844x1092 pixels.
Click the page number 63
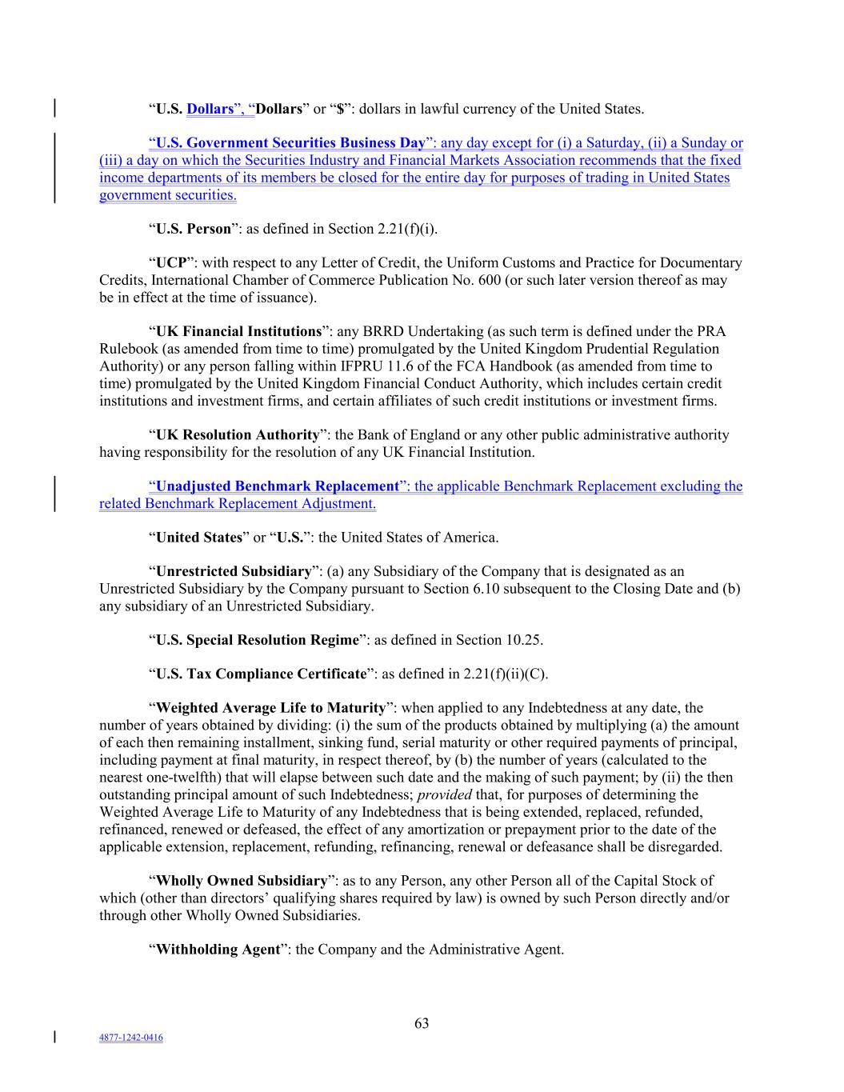(422, 1023)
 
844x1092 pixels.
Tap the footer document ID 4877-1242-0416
(130, 1038)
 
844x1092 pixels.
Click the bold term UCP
(171, 262)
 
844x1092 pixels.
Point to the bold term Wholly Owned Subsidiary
(241, 881)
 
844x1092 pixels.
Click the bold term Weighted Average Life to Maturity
(270, 708)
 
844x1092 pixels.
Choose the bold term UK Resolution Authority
(237, 435)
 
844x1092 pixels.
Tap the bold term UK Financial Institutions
(238, 331)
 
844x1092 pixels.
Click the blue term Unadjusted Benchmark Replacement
(277, 486)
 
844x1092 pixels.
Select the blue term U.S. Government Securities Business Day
(290, 143)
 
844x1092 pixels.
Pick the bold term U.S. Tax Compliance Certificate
(260, 674)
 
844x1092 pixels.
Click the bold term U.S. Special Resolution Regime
(256, 640)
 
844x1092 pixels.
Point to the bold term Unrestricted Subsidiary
(233, 571)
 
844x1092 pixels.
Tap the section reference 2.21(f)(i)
(406, 229)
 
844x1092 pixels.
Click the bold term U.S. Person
(193, 229)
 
